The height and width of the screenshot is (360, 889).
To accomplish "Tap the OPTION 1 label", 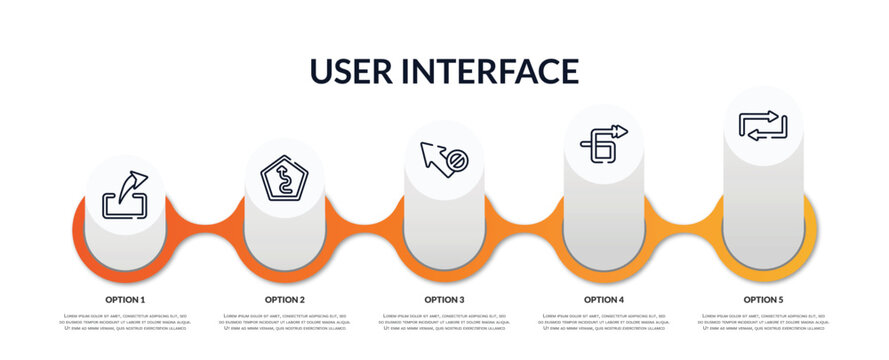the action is click(x=125, y=299).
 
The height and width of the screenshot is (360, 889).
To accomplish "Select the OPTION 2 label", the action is click(x=285, y=299).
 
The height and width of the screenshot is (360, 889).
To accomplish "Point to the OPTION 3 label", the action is click(x=444, y=299).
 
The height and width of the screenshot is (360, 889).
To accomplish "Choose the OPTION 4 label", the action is click(x=604, y=299).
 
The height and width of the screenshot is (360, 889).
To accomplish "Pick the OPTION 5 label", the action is click(x=763, y=299).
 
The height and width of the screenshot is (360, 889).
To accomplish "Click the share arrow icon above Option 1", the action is click(x=125, y=195).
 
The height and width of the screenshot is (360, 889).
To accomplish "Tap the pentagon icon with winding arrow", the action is click(x=285, y=180).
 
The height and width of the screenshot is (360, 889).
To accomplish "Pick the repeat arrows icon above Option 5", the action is click(x=763, y=126).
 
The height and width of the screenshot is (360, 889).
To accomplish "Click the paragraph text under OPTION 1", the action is click(x=125, y=322).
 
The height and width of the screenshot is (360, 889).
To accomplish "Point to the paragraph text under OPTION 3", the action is click(x=444, y=322).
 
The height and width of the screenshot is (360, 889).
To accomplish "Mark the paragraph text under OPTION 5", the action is click(x=763, y=322).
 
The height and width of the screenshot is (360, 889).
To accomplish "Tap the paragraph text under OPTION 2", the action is click(x=285, y=322).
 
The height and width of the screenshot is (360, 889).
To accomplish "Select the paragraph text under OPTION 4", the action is click(x=604, y=322).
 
